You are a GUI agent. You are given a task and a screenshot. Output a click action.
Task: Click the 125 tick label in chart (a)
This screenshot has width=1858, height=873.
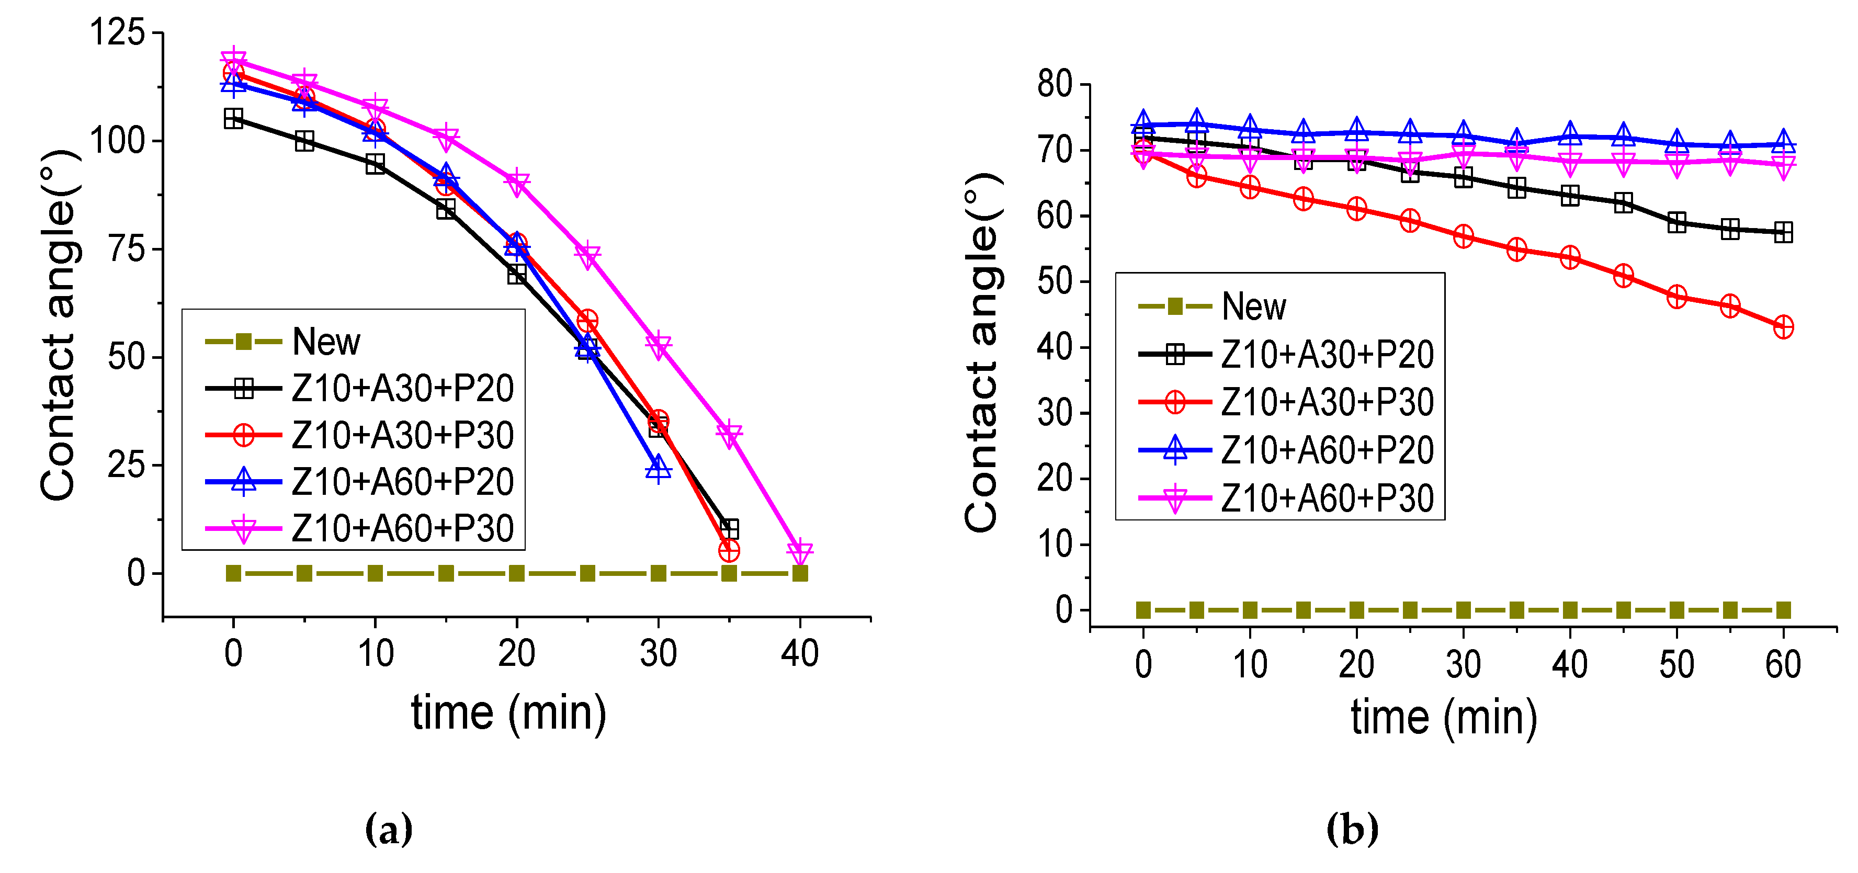click(x=117, y=32)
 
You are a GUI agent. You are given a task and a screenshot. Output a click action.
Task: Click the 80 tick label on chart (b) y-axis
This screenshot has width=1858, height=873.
click(x=1055, y=84)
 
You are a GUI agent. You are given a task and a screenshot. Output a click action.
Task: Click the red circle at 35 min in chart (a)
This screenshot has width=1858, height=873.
click(x=729, y=550)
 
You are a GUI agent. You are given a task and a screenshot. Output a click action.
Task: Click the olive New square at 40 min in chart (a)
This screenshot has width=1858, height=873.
click(x=799, y=574)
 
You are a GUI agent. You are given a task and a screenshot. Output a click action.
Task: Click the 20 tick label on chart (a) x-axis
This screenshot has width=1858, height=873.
click(x=516, y=654)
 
